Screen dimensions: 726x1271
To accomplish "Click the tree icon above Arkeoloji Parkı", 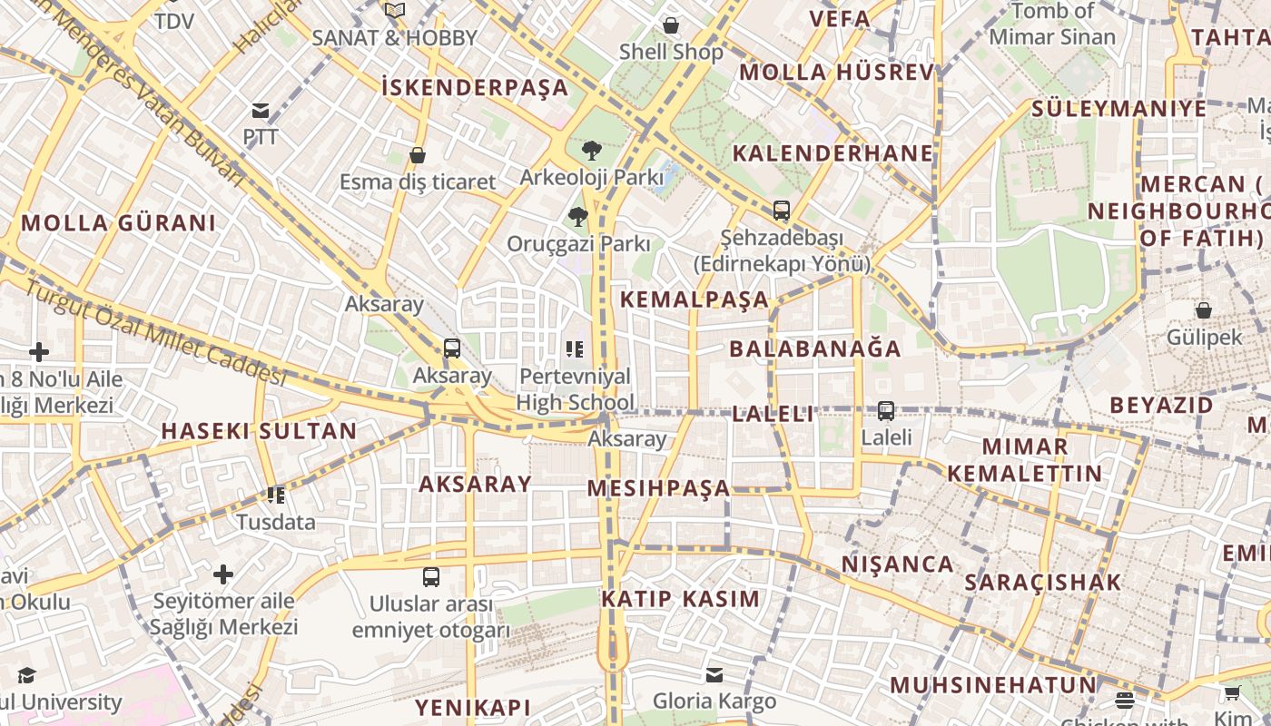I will click(592, 150).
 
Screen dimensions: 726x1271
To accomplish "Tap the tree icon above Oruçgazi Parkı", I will click(577, 216).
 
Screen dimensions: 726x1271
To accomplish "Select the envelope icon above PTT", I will click(261, 111).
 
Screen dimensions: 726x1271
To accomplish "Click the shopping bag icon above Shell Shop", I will click(671, 25).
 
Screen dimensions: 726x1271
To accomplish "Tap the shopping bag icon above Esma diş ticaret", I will click(418, 155).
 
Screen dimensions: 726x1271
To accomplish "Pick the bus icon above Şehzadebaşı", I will click(781, 211).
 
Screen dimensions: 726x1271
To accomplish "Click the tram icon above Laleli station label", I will click(886, 410).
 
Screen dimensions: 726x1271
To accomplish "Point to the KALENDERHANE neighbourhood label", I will click(833, 153).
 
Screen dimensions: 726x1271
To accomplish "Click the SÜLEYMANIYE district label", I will click(1118, 109).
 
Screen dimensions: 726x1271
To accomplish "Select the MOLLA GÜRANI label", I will click(119, 223).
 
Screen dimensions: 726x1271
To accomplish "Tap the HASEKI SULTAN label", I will click(259, 431).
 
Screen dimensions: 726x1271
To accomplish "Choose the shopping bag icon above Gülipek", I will click(1204, 310).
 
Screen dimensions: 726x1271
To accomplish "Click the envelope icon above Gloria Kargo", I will click(714, 674).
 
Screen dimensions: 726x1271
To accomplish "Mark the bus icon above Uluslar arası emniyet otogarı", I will click(431, 576).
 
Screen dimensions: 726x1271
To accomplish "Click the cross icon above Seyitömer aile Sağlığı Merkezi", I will click(223, 574).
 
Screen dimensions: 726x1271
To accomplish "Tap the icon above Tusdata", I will click(276, 495).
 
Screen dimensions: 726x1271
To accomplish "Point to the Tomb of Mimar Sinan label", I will click(1051, 25).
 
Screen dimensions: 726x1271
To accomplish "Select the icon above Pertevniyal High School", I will click(575, 348).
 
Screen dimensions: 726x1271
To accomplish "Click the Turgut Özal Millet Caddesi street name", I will click(154, 331).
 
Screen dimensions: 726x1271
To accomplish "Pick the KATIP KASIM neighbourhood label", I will click(680, 599).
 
